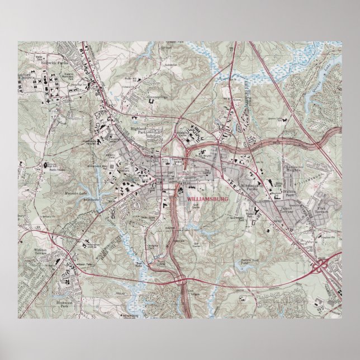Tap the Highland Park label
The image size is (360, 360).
(x=138, y=130)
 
